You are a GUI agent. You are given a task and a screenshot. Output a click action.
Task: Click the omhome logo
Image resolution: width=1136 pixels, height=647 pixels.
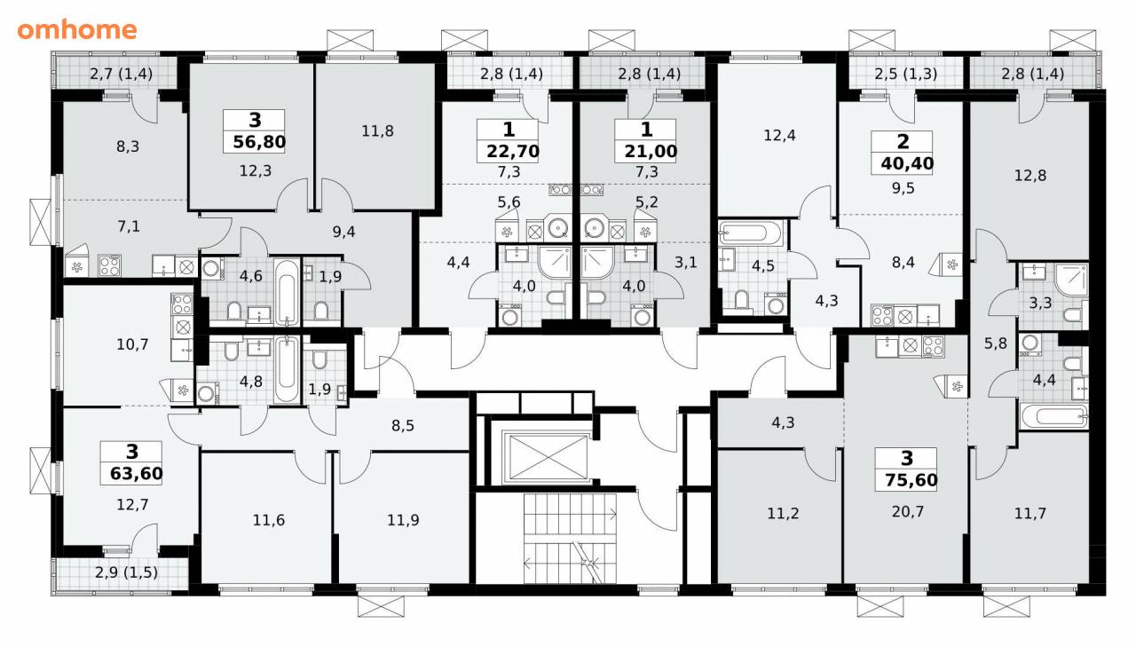tap(77, 29)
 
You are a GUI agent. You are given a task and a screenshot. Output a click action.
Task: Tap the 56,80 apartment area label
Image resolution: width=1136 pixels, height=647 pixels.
tap(259, 142)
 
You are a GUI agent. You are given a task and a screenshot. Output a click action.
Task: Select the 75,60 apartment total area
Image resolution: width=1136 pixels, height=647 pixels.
tap(911, 479)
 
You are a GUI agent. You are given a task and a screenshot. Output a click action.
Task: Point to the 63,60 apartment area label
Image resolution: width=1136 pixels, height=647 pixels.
tap(137, 474)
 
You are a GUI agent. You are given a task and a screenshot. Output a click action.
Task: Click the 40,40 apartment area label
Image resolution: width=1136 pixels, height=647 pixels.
tap(907, 163)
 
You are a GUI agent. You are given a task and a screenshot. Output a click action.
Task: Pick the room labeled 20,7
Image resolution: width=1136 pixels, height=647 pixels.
tap(908, 511)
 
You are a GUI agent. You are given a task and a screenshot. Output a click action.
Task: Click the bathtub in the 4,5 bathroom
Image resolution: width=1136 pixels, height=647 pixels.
tap(751, 233)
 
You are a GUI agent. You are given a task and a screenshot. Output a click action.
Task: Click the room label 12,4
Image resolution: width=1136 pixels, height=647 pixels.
tap(779, 136)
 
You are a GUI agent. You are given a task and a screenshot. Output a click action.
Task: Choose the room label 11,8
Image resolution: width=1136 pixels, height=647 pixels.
tap(377, 131)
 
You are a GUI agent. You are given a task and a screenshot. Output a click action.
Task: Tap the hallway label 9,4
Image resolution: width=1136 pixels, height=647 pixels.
tap(343, 232)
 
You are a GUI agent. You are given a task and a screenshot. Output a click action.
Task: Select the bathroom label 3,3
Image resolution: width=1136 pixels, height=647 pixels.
tap(1040, 303)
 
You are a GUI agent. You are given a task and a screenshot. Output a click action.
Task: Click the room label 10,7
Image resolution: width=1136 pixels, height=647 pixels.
tap(132, 344)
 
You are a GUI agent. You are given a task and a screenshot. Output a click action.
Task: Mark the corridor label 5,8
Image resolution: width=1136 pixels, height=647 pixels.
tap(996, 343)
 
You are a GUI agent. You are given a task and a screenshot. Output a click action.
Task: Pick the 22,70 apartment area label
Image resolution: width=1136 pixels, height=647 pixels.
tap(513, 151)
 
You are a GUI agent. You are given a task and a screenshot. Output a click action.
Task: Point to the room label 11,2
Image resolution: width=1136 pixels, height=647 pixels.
tap(783, 514)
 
